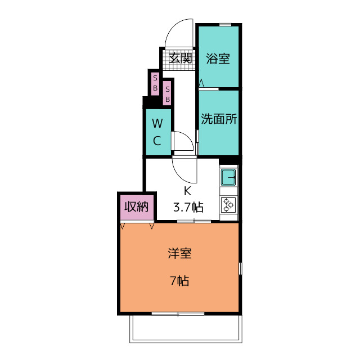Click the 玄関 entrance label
[x=181, y=58]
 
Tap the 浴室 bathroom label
[x=218, y=58]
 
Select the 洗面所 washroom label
[x=219, y=119]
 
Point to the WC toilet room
[x=157, y=132]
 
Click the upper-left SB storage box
[x=155, y=84]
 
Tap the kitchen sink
[x=228, y=177]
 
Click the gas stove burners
[x=228, y=204]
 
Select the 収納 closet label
[x=136, y=206]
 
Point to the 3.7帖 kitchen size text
[x=188, y=208]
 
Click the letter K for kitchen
[x=187, y=191]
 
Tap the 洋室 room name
[x=179, y=254]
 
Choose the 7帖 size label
[x=179, y=281]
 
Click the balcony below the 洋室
[x=186, y=328]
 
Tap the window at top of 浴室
[x=225, y=25]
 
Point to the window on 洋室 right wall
[x=240, y=269]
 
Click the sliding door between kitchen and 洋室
[x=194, y=221]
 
